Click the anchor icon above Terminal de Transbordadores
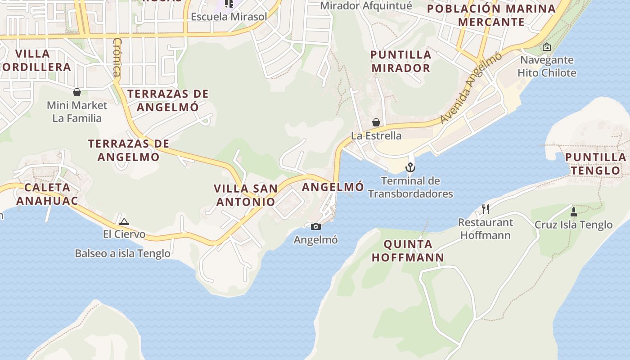click(x=410, y=168)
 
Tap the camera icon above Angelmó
click(x=316, y=226)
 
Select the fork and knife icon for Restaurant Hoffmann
click(x=485, y=209)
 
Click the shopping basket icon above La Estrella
click(x=376, y=122)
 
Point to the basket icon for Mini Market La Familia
click(x=77, y=92)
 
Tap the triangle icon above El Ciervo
click(x=124, y=221)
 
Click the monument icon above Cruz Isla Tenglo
click(x=573, y=211)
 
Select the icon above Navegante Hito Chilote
click(x=546, y=47)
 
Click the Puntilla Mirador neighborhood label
click(x=400, y=61)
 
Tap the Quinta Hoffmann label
click(x=414, y=251)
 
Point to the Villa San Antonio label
click(x=246, y=195)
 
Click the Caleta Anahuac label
click(x=47, y=194)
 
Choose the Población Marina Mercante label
click(x=491, y=15)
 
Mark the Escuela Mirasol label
click(x=229, y=17)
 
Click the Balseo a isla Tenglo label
click(x=122, y=253)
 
